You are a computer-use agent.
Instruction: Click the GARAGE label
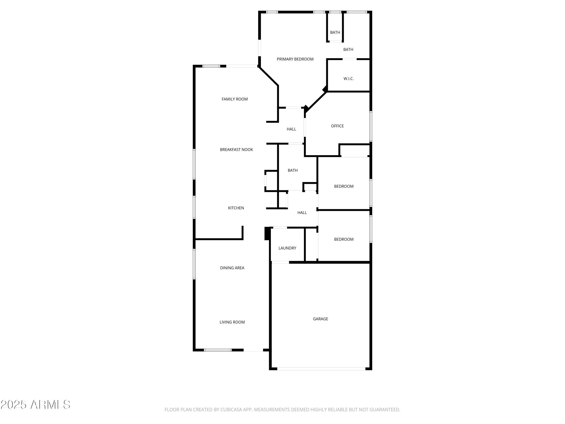point(320,319)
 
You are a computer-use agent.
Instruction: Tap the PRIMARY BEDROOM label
point(295,59)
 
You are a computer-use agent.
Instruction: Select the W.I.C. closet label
point(348,78)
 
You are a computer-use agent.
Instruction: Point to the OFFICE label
point(337,126)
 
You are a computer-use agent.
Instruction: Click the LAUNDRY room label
point(287,248)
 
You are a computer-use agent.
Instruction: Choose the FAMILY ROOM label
point(234,99)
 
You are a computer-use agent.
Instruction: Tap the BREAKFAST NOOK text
point(236,149)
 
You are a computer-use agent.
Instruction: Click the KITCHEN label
point(236,208)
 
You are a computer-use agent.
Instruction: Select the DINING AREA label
point(232,268)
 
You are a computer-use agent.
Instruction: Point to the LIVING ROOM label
point(232,322)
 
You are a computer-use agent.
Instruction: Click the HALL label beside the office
point(291,129)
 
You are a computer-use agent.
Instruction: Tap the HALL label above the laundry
point(302,212)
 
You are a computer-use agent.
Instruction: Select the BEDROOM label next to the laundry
point(344,239)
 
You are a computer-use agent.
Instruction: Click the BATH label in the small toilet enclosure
point(335,32)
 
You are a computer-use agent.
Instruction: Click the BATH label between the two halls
point(292,170)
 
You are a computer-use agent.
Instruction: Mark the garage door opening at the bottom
point(321,369)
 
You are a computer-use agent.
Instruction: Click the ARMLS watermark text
point(50,405)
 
